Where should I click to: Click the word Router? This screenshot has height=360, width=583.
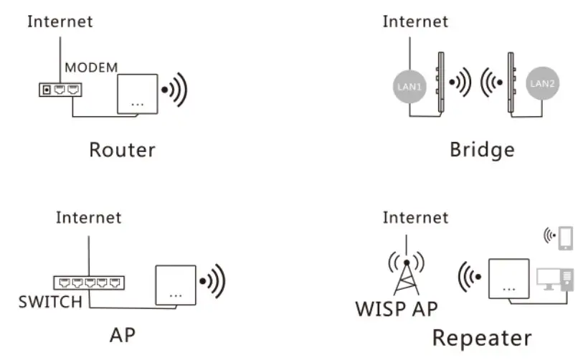tap(122, 149)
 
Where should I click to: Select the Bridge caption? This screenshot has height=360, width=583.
tap(482, 149)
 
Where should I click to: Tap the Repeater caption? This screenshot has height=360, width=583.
tap(482, 337)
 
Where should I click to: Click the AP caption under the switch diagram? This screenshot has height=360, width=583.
tap(123, 336)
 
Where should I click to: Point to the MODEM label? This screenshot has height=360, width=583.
tap(91, 67)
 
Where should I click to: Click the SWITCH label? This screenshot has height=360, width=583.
tap(50, 302)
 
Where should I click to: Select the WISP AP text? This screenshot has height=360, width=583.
tap(397, 309)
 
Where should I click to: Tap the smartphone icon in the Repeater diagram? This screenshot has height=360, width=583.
tap(565, 237)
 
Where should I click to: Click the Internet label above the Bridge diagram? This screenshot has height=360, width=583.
tap(415, 22)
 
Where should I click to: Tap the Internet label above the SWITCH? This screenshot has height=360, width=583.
tap(89, 217)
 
